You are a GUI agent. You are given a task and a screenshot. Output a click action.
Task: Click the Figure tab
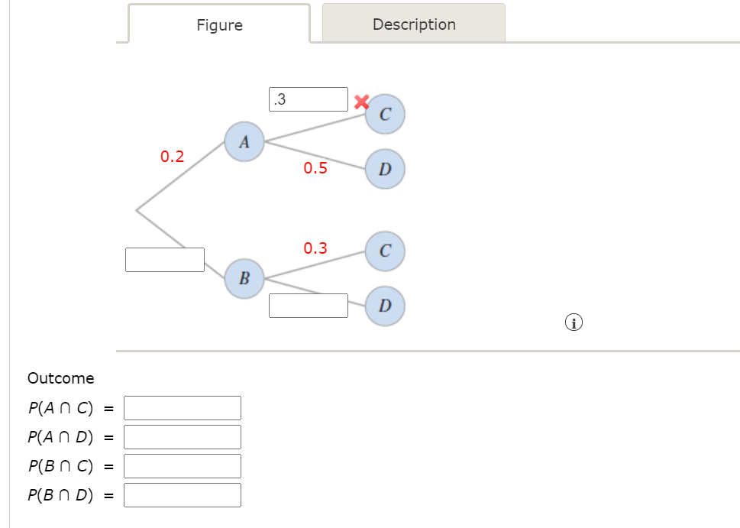(219, 25)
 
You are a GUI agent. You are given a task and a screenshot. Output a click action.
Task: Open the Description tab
(414, 24)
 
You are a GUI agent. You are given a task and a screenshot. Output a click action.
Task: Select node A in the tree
(244, 141)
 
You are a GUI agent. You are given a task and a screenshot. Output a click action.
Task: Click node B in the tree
(244, 277)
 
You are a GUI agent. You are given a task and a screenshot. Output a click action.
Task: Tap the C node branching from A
(385, 115)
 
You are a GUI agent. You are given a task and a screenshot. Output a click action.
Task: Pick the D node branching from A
(385, 168)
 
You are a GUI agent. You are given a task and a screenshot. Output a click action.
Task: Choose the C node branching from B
(385, 251)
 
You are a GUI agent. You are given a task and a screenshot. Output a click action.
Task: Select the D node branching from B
(385, 306)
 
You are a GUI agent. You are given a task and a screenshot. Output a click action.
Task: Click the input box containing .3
(309, 99)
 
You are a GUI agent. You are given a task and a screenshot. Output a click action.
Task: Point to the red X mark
(361, 101)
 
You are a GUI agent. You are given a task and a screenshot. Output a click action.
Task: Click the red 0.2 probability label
(173, 157)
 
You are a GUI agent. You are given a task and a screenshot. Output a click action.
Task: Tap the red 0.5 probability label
(315, 168)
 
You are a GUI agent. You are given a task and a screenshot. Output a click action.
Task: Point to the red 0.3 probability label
(315, 248)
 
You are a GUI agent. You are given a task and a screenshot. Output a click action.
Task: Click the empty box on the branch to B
(165, 260)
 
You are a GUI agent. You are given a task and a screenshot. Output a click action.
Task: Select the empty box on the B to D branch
(309, 306)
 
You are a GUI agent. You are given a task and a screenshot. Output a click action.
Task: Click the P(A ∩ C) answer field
(183, 408)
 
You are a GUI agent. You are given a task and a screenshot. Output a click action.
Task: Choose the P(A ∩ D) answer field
(183, 437)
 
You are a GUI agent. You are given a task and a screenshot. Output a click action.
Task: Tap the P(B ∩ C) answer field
(183, 466)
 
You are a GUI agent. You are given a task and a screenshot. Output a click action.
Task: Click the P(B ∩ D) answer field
(183, 495)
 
